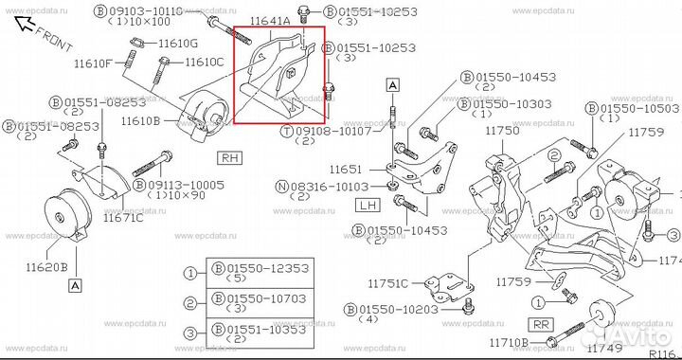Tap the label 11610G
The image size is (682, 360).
click(x=178, y=44)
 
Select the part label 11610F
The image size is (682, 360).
click(x=94, y=63)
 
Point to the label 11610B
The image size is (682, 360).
click(x=140, y=121)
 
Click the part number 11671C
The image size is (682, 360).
click(x=124, y=217)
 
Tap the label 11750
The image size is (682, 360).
click(x=502, y=132)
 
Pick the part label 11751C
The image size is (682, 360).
click(x=389, y=283)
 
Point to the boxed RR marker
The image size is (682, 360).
click(x=541, y=323)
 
